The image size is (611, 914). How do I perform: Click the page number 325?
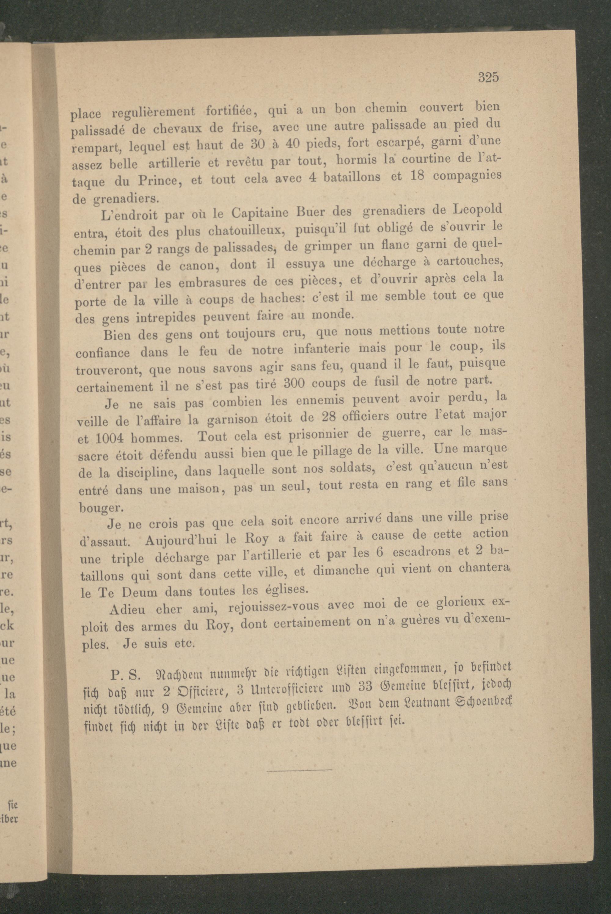[x=488, y=78]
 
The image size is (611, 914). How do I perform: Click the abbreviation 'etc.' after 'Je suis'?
[x=184, y=644]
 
